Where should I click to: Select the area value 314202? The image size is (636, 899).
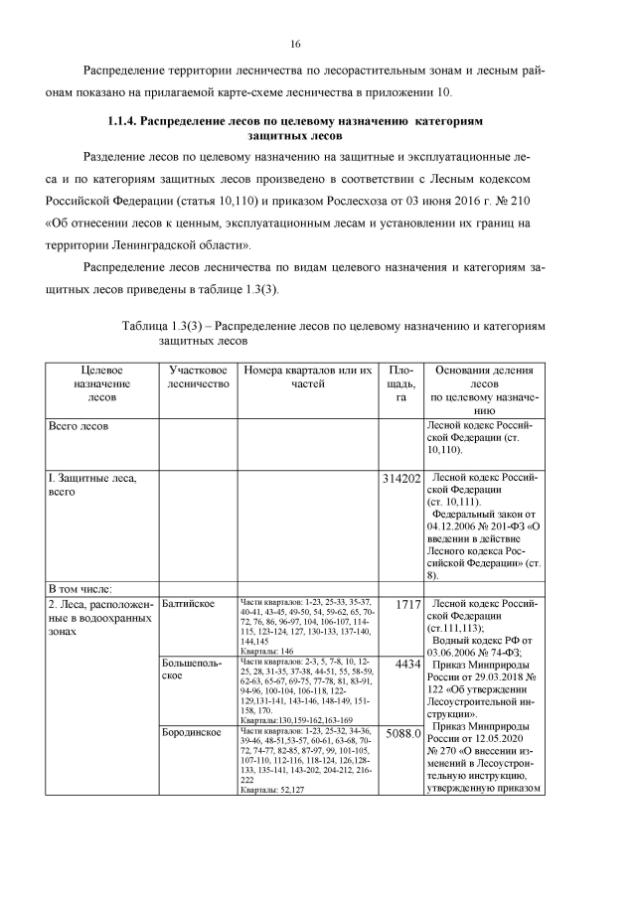[401, 479]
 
